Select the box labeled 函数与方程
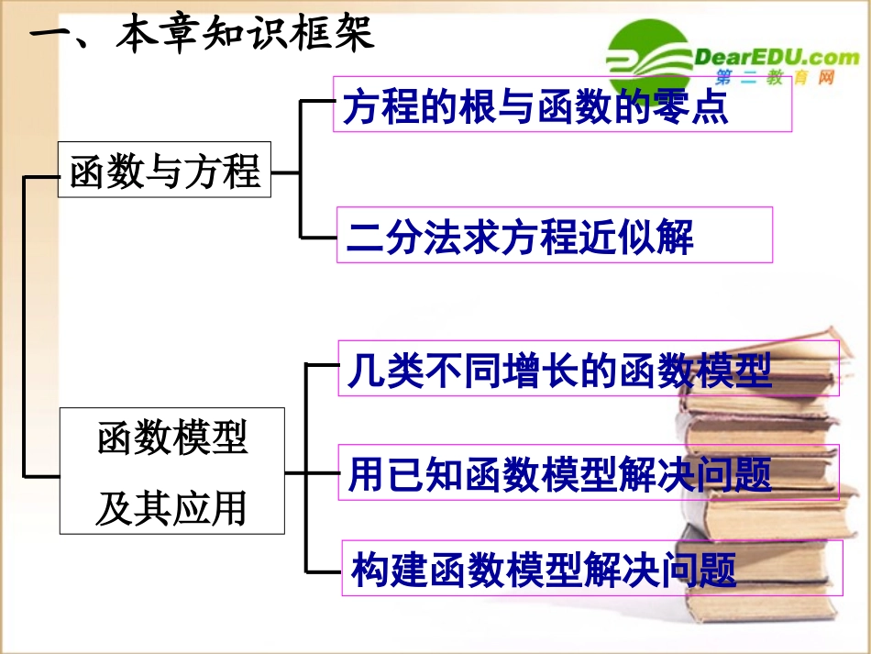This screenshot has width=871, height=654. pos(165,170)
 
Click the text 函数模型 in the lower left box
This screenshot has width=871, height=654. pos(172,438)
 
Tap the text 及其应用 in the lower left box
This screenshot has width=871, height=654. pos(172,507)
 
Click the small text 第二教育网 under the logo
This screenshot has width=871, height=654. pos(775,81)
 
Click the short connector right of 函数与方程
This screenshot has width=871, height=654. pos(285,171)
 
